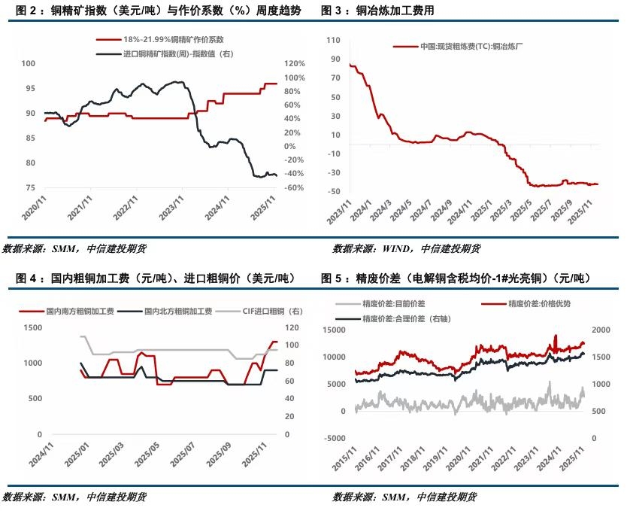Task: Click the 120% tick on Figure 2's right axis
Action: click(295, 64)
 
